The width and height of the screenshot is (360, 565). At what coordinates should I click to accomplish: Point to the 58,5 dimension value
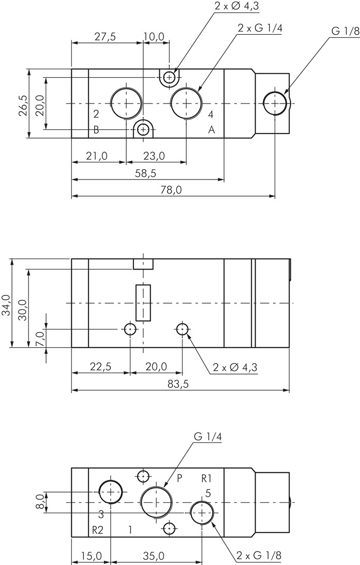click(x=145, y=174)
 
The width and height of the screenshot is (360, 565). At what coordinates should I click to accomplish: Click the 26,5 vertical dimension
click(x=23, y=106)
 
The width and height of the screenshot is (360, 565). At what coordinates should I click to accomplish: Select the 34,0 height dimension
click(x=6, y=306)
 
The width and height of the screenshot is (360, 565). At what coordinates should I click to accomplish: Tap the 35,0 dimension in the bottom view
click(x=156, y=556)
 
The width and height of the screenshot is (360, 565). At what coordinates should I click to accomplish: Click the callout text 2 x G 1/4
click(x=260, y=28)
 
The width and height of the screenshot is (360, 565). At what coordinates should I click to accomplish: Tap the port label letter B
click(x=96, y=130)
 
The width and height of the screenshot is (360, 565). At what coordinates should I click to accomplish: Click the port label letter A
click(x=212, y=130)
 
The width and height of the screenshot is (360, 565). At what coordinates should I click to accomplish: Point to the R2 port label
click(x=98, y=529)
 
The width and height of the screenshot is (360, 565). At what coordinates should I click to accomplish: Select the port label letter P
click(x=179, y=478)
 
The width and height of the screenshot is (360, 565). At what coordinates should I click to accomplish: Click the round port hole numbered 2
click(x=126, y=103)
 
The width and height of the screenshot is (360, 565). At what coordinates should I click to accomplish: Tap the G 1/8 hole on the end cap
click(x=275, y=103)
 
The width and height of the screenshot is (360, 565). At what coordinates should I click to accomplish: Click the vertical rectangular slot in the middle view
click(x=143, y=302)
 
